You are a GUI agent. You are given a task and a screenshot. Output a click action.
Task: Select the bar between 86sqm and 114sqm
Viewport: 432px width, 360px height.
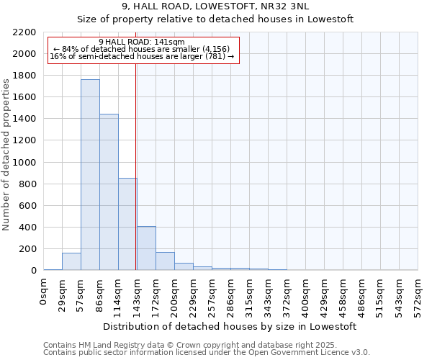tap(109, 192)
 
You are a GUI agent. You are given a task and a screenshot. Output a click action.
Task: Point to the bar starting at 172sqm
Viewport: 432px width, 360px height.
tap(165, 261)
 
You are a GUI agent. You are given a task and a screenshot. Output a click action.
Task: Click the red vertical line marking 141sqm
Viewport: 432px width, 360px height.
tap(135, 166)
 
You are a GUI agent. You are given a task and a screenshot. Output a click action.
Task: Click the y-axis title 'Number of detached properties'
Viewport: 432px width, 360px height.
tap(6, 151)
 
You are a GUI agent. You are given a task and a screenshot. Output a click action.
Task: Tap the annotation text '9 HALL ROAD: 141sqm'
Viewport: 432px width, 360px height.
tap(142, 42)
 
